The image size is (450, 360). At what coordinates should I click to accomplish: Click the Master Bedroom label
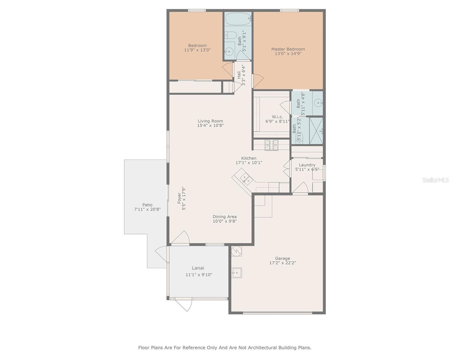click(x=288, y=49)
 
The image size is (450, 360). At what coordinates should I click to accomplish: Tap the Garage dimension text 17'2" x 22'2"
click(x=283, y=263)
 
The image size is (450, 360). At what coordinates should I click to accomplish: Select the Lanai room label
click(x=198, y=268)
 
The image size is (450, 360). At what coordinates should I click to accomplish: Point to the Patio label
click(x=147, y=205)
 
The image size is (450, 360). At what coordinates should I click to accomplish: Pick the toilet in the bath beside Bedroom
click(x=230, y=35)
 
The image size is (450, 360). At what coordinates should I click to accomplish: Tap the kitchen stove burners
click(x=271, y=145)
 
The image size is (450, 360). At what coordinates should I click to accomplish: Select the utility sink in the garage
click(x=237, y=273)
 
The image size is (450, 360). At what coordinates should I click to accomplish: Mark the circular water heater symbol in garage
click(x=237, y=251)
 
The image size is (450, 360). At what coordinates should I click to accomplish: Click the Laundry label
click(x=307, y=165)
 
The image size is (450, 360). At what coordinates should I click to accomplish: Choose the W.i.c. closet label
click(x=277, y=117)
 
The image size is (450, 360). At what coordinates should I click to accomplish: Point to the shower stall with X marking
click(x=316, y=131)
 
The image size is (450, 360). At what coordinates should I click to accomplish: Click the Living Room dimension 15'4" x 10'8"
click(x=210, y=126)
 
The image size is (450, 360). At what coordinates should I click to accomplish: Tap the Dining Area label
click(x=225, y=217)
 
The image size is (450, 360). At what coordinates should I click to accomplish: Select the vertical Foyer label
click(x=179, y=199)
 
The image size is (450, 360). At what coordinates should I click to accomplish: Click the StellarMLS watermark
click(x=436, y=180)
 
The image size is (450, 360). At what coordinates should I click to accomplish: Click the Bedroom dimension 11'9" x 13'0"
click(x=197, y=50)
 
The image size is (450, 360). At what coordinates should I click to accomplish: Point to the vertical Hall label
click(x=239, y=75)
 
